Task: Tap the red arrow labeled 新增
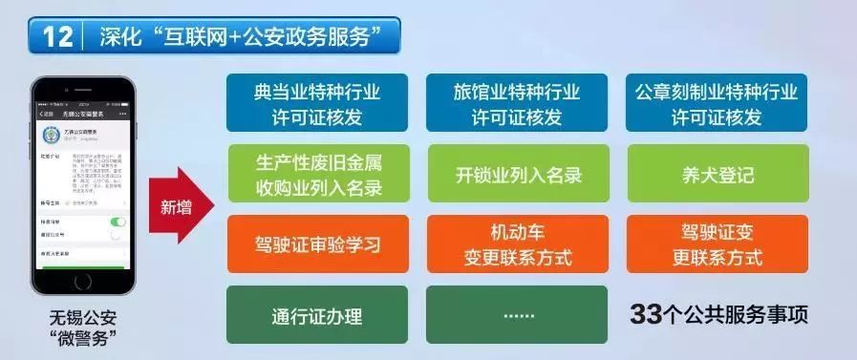pos(177,208)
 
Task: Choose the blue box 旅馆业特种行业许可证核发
pos(516,103)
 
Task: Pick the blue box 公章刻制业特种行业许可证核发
pos(716,103)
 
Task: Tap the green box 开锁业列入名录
pos(516,174)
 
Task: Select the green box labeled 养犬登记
pos(716,174)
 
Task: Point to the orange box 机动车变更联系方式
pos(516,244)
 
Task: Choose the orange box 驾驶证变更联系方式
pos(716,244)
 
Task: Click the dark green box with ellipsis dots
pos(516,315)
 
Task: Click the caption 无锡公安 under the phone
pos(82,318)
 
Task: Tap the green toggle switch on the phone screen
pos(118,221)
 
